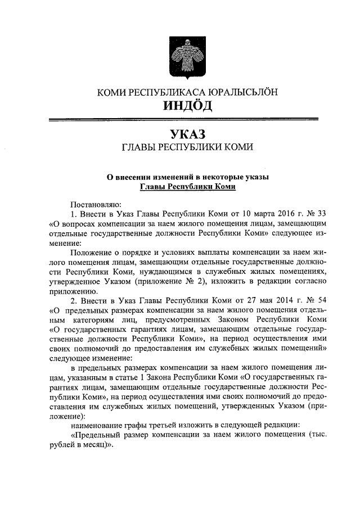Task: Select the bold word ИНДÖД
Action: (x=188, y=106)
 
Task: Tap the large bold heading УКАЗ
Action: (x=188, y=134)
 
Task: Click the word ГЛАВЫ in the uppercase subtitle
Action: (x=141, y=148)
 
